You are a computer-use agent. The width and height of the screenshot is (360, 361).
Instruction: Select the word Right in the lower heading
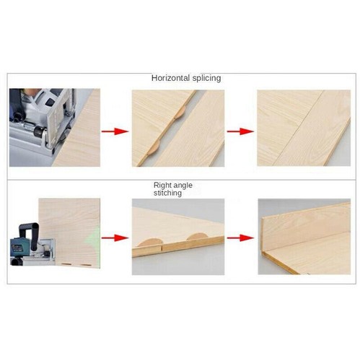click(162, 186)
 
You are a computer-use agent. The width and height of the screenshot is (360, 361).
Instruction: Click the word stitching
click(167, 193)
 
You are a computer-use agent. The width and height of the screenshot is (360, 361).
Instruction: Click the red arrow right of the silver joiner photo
click(114, 132)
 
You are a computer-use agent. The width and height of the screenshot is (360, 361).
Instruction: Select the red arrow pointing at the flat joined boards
click(240, 132)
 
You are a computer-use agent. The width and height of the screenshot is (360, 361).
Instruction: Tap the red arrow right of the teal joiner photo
click(114, 237)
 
